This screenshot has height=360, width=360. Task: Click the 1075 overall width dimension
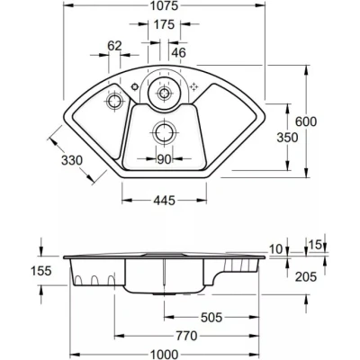coord(164,5)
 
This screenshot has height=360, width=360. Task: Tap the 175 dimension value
coord(164,24)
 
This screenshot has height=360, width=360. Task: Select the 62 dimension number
coord(114,46)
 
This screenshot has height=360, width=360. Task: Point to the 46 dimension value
coord(179,53)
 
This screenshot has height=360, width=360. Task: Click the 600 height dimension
coord(306,121)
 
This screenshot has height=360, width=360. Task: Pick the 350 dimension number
coord(287,138)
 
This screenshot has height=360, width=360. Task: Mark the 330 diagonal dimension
coord(72,160)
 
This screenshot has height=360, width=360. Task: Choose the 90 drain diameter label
coord(164,159)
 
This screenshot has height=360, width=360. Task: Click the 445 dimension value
coord(164,201)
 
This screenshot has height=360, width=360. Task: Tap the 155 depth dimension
coord(41,271)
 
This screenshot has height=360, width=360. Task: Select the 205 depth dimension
coord(306,276)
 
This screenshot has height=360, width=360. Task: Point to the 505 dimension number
coord(211,317)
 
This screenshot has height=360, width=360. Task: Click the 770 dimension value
coord(186,336)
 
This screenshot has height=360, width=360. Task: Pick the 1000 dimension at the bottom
coord(164,355)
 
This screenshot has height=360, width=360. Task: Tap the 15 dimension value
coord(315,245)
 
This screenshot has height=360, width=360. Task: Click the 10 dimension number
coord(275,248)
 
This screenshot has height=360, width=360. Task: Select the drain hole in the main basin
coord(164,132)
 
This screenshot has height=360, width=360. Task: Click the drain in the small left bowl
coord(114,101)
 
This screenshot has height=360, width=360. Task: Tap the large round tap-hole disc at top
coord(164,94)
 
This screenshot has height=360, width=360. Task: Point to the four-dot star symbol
coord(194,86)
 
